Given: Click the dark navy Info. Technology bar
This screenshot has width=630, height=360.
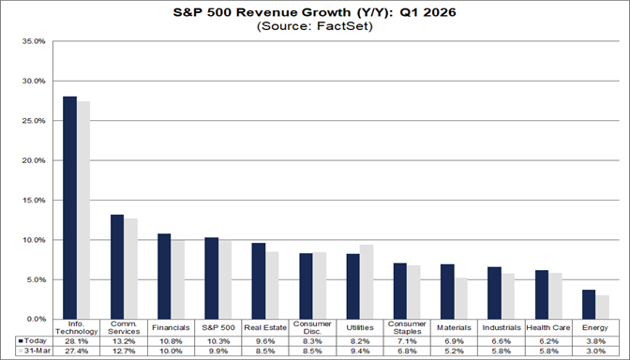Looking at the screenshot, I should tap(68, 207).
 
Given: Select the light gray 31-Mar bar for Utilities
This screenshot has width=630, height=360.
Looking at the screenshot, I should tap(367, 281).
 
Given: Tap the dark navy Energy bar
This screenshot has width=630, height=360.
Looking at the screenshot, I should tap(590, 304).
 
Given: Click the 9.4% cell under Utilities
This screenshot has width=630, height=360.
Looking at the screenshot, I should tap(360, 352).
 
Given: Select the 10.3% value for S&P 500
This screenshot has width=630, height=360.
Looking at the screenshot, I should tap(217, 341).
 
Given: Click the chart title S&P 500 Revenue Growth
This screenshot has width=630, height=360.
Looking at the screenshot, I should tap(315, 12).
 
